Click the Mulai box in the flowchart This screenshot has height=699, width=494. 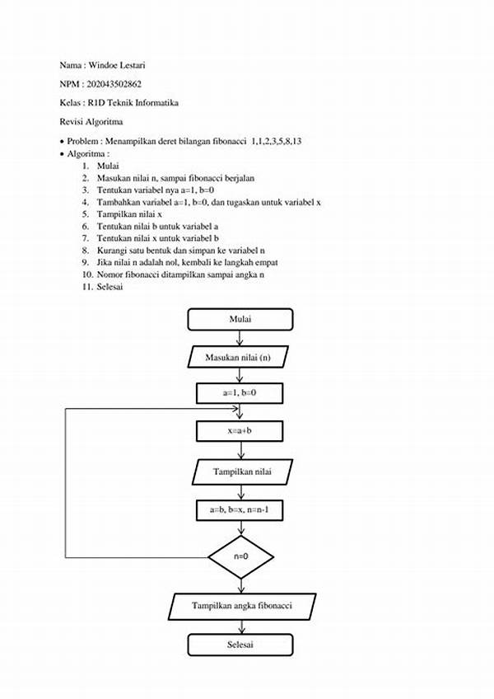coord(240,319)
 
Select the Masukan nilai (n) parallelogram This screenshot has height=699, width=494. coord(240,357)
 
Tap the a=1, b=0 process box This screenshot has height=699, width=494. coord(240,393)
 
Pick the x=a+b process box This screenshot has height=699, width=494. coord(240,430)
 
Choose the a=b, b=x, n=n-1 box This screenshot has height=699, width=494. coord(240,510)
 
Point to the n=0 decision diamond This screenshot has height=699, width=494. coord(240,556)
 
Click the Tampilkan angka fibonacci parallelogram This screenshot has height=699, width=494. coord(242,607)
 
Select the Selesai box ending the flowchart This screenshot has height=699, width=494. coord(240,645)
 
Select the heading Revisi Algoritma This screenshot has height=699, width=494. coord(91,121)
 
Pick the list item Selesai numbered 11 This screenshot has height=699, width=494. coord(110,286)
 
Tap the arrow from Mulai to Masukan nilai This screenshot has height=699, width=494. coord(240,337)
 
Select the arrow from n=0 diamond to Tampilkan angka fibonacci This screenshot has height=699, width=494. coord(240,585)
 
